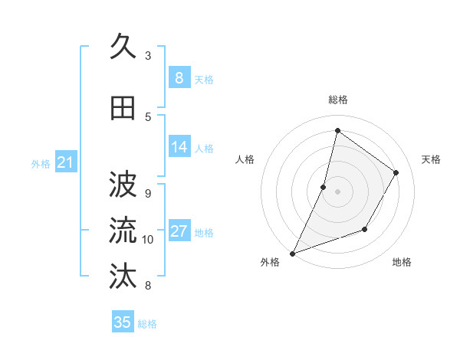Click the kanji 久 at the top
coord(123,47)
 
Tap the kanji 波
coord(123,185)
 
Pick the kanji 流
coord(123,231)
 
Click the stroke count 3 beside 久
coord(148,56)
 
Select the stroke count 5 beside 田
coord(148,116)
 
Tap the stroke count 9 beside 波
coord(148,193)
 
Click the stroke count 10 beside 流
coord(148,240)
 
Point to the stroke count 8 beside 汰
coord(148,286)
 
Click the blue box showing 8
coord(179,78)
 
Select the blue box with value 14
coord(179,147)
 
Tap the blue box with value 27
coord(179,231)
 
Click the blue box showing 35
coord(123,322)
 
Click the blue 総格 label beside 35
coord(147,324)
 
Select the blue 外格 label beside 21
coord(41,163)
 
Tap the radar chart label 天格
coord(432,159)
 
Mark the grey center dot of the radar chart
coord(337,191)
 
